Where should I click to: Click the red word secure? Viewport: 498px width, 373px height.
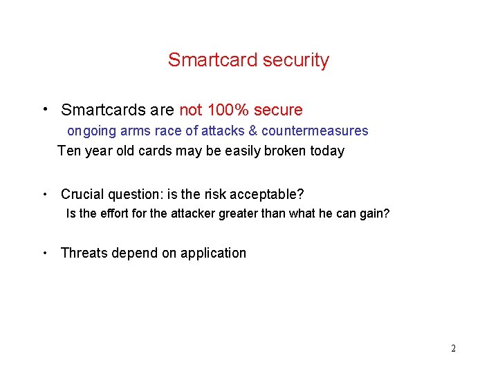[x=278, y=110]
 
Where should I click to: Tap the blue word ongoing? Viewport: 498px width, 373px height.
[x=91, y=131]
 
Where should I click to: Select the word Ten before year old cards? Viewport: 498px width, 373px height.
[x=69, y=151]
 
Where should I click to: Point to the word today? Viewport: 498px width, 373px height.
[x=326, y=151]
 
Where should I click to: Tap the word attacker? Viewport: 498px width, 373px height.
[x=192, y=213]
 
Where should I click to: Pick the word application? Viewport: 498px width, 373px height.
[x=213, y=254]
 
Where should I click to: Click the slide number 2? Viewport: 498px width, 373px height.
[x=453, y=348]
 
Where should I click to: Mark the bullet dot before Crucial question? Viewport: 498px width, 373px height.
[x=44, y=194]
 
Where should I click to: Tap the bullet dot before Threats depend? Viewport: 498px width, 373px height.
[x=44, y=253]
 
